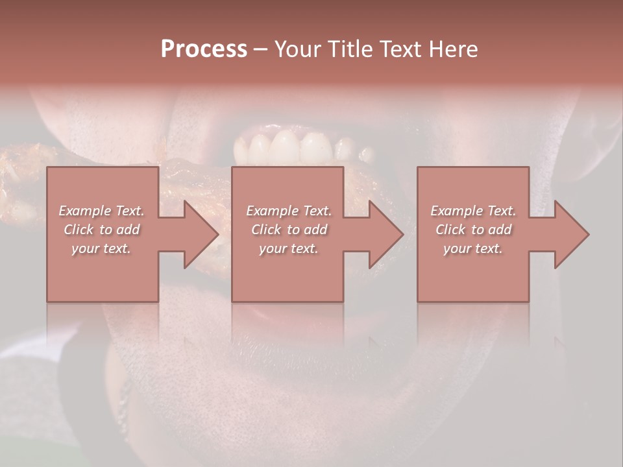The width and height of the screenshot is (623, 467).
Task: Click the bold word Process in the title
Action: click(204, 49)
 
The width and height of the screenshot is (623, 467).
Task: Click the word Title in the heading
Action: click(350, 49)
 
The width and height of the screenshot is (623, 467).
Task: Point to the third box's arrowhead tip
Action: click(588, 234)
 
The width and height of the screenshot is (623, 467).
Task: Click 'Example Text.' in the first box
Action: click(101, 211)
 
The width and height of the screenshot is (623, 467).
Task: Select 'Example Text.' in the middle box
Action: click(289, 211)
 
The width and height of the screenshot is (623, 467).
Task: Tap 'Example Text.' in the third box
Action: click(473, 211)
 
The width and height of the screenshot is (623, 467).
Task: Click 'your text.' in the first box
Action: click(101, 248)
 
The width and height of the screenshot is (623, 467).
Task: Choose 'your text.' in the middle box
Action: click(289, 248)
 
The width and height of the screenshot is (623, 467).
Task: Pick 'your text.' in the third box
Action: click(473, 248)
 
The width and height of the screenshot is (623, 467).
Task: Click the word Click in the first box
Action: click(79, 230)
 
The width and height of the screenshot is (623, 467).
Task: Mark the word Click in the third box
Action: click(451, 230)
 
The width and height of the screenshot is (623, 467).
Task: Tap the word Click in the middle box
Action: click(267, 230)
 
